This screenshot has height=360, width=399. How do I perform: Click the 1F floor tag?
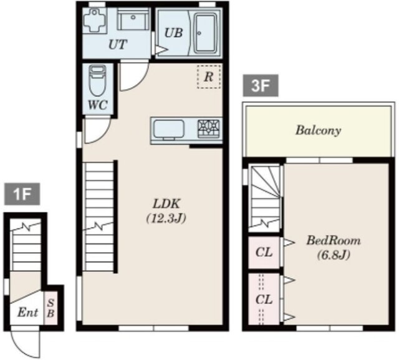pos(22,194)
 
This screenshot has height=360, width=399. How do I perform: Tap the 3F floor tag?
pos(261,86)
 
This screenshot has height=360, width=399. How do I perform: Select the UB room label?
pos(173,33)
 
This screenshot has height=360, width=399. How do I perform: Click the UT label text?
pos(117,44)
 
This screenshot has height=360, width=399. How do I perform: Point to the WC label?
pos(97,105)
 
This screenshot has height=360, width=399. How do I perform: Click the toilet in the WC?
pos(98,80)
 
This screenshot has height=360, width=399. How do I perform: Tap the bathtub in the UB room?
pos(206,33)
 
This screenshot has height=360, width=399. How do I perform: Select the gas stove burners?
pos(209,129)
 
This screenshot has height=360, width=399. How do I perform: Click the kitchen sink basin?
pos(169,129)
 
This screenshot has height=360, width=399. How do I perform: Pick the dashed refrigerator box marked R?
pos(209,76)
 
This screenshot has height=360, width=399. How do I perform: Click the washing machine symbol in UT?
pos(95,20)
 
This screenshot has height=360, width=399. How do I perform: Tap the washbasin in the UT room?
pos(133,19)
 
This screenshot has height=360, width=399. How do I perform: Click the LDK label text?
pos(166,204)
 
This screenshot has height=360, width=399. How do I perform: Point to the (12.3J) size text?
pos(166,218)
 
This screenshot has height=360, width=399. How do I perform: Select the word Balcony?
pos(318,130)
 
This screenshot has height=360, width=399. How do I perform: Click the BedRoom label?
pos(334,240)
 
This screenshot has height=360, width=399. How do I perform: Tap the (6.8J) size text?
pos(334,255)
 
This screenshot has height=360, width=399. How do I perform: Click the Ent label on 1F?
pos(27,312)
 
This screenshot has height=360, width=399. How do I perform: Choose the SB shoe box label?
pos(50,308)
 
